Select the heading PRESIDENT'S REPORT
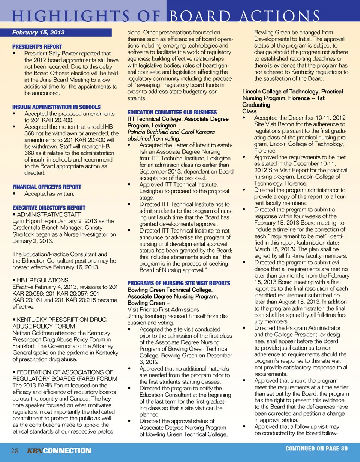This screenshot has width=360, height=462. pos(31,48)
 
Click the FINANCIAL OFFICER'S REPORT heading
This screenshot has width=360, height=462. pos(47,187)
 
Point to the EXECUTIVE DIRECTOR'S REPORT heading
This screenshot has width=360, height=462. pos(49,207)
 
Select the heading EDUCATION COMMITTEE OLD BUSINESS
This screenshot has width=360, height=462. pos(172,112)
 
